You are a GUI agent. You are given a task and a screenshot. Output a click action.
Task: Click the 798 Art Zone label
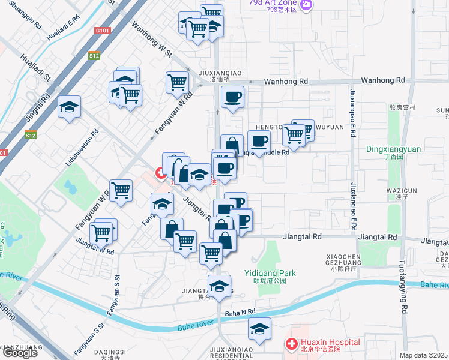point(273,2)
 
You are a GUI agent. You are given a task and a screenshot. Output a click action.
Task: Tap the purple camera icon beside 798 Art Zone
point(307,5)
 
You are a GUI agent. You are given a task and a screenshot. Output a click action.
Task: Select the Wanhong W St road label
point(152,41)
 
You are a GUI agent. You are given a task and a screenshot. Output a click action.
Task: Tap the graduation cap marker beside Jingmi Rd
point(70,107)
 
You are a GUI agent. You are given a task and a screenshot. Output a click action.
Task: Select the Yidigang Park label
point(270,273)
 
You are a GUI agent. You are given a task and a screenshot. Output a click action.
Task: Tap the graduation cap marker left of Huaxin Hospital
point(260,328)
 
